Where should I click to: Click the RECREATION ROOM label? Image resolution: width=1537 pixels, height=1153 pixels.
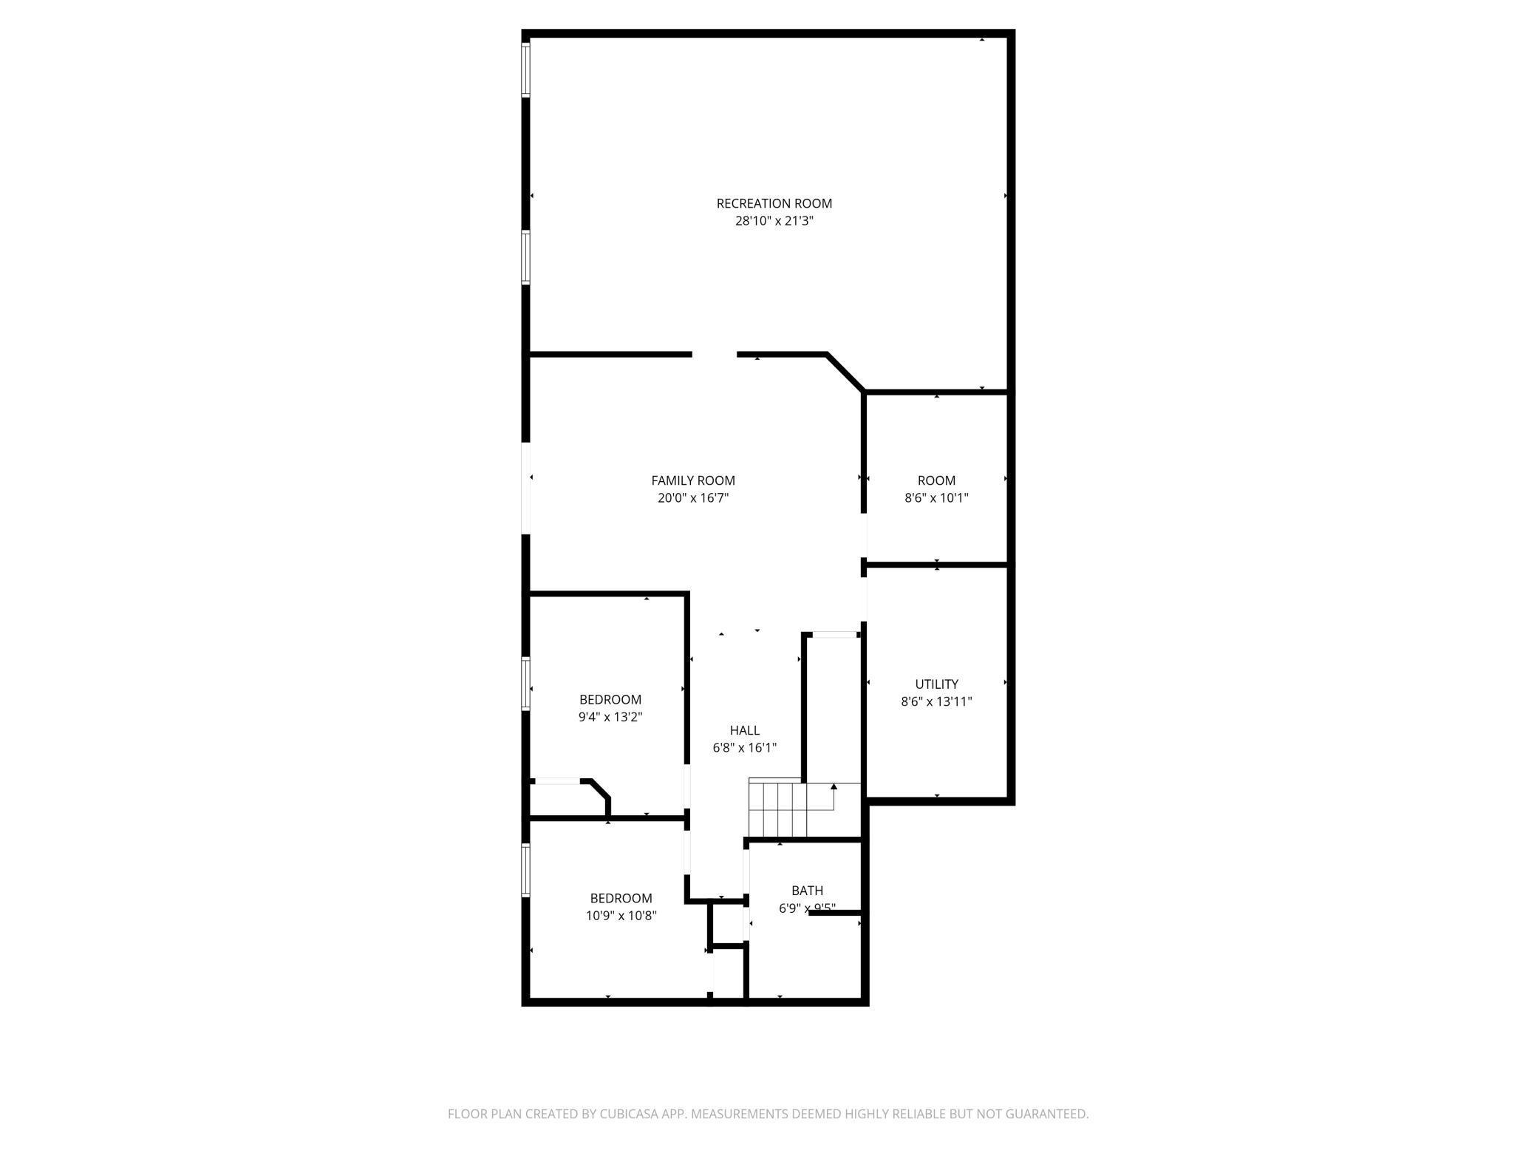774,203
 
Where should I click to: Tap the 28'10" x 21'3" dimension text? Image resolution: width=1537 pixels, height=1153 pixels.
774,221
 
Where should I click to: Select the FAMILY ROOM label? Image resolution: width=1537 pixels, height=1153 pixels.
692,480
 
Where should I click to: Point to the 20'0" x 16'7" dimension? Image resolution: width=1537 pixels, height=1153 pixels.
692,498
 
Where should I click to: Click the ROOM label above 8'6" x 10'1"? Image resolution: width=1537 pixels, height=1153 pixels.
936,480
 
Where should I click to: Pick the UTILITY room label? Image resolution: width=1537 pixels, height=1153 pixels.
936,684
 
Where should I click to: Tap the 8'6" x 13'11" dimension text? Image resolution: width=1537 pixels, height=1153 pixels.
936,702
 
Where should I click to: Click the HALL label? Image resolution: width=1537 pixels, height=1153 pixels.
744,730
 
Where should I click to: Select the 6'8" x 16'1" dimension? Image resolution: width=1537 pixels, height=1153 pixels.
744,748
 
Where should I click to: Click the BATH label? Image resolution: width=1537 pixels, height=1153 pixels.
807,891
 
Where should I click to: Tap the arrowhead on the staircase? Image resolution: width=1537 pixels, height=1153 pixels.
834,786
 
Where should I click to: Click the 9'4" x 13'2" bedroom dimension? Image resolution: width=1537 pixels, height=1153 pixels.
610,717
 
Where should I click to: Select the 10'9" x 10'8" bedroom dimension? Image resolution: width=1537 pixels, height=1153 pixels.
621,916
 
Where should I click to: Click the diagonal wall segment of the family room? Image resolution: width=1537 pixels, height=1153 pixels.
845,373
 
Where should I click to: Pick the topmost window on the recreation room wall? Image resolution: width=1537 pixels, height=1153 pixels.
526,70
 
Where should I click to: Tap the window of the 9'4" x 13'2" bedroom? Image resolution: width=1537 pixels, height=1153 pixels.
526,684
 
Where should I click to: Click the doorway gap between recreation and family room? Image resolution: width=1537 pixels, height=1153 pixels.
715,355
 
